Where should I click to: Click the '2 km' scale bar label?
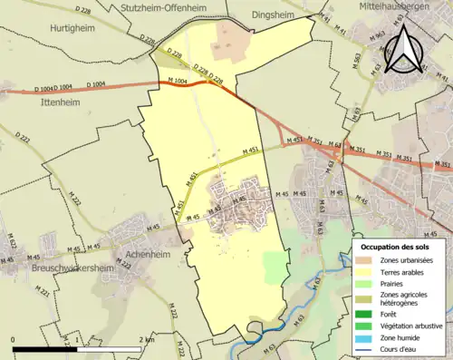[148, 339]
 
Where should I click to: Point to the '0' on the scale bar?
[14, 339]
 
